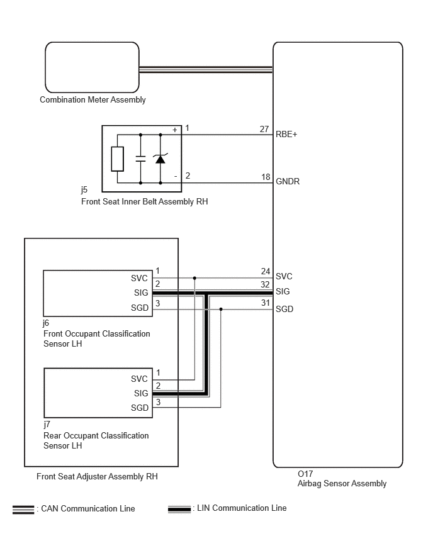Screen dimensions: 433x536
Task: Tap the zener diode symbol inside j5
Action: tap(160, 159)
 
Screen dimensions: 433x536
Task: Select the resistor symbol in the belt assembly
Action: tap(117, 159)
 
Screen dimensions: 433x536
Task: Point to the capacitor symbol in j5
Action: tap(140, 159)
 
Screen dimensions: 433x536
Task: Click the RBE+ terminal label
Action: tap(286, 135)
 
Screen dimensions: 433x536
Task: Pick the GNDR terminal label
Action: tap(288, 182)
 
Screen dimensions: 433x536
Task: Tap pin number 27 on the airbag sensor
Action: tap(264, 129)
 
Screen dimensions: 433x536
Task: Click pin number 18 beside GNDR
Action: tap(266, 177)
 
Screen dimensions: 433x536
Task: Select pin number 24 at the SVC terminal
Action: tap(266, 271)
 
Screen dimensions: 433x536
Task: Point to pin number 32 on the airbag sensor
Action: tap(265, 285)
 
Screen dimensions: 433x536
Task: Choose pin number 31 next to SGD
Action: tap(266, 303)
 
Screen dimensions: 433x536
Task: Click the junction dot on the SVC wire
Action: tap(194, 278)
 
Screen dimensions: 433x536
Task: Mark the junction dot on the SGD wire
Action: tap(221, 310)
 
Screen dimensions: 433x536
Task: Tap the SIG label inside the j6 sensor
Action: tap(141, 293)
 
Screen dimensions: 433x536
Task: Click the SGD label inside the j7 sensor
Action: tap(140, 408)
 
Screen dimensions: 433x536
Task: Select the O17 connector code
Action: tap(305, 474)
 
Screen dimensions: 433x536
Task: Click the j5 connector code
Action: tap(84, 190)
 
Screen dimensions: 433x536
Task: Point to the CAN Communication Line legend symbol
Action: tap(23, 510)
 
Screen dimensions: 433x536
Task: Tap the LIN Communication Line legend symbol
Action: tap(179, 509)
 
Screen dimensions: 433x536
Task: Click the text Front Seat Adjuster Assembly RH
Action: tap(97, 476)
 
